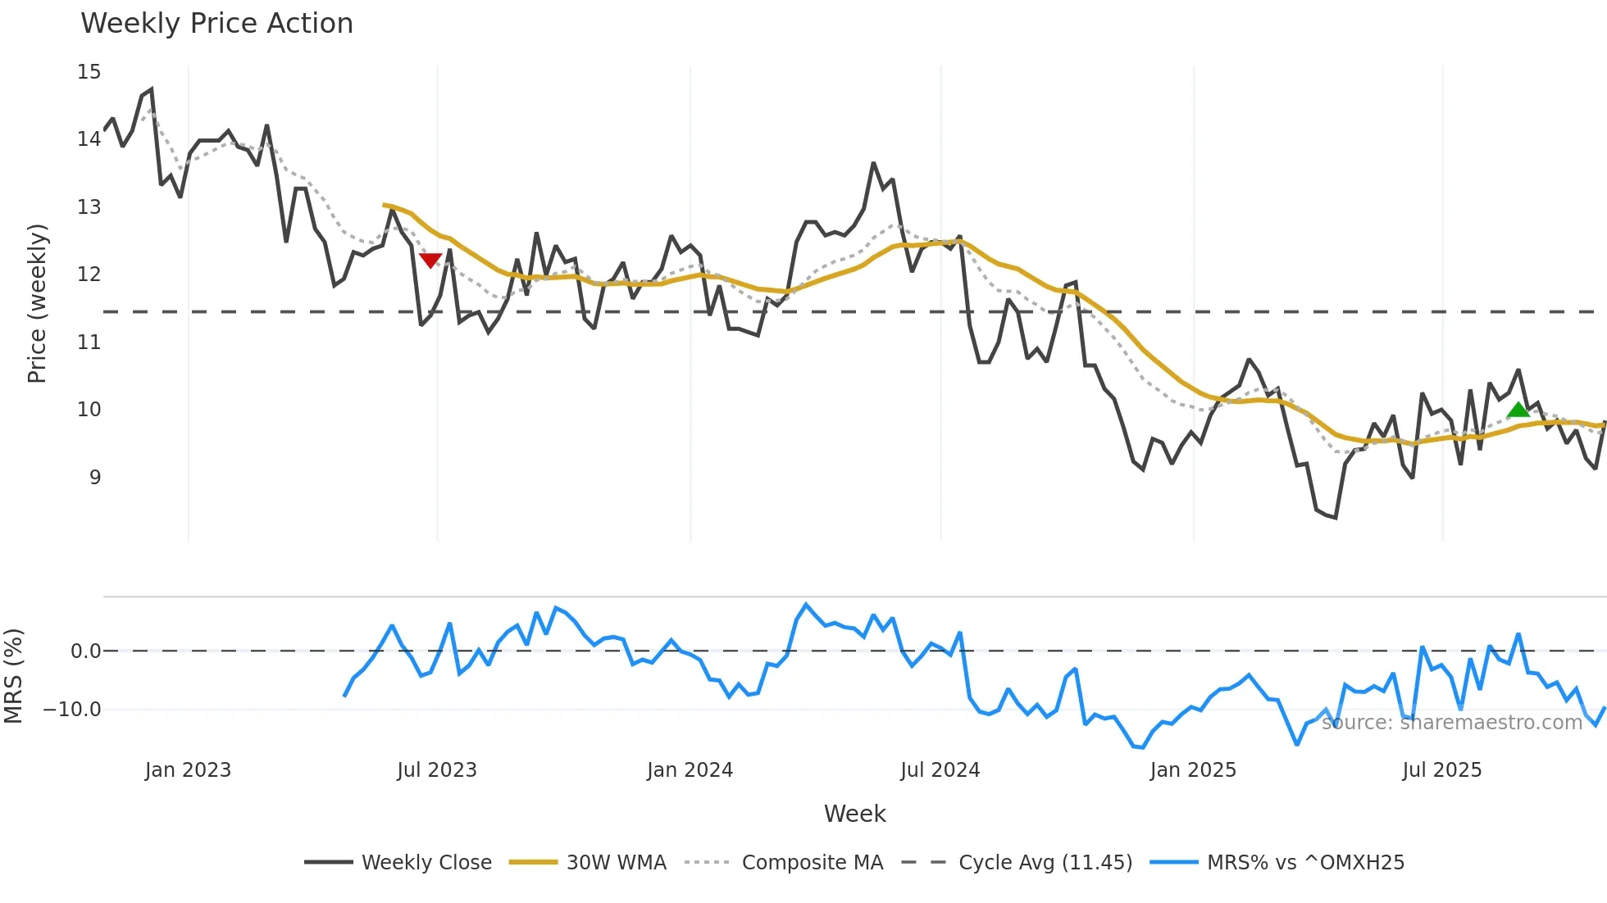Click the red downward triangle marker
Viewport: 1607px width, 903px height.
point(430,261)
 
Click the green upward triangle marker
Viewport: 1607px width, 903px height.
point(1518,410)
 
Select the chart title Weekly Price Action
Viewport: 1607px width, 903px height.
point(216,24)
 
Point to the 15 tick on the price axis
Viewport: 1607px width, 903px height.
point(89,72)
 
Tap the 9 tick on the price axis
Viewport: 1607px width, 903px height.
point(95,477)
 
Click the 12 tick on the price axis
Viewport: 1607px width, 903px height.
point(89,275)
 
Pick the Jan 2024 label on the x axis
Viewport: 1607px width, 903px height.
point(690,770)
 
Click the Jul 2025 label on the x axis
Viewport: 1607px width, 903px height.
point(1441,770)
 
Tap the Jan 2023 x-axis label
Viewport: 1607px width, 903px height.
point(188,770)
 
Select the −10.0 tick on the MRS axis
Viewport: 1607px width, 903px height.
point(72,710)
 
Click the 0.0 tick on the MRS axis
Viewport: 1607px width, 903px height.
point(85,651)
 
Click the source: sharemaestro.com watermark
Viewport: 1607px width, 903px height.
point(1451,723)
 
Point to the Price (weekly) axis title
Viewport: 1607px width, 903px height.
point(37,303)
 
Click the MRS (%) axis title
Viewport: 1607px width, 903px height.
point(13,676)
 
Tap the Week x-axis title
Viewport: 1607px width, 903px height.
point(854,814)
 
